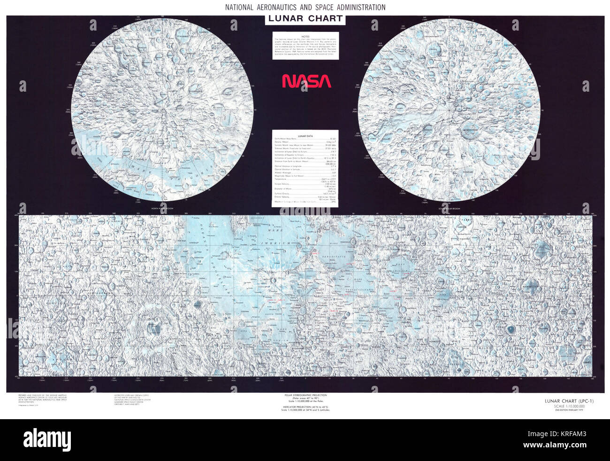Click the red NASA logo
[306, 81]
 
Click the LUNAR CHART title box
[305, 19]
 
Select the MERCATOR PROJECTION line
[305, 407]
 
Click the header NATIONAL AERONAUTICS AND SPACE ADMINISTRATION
[305, 8]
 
